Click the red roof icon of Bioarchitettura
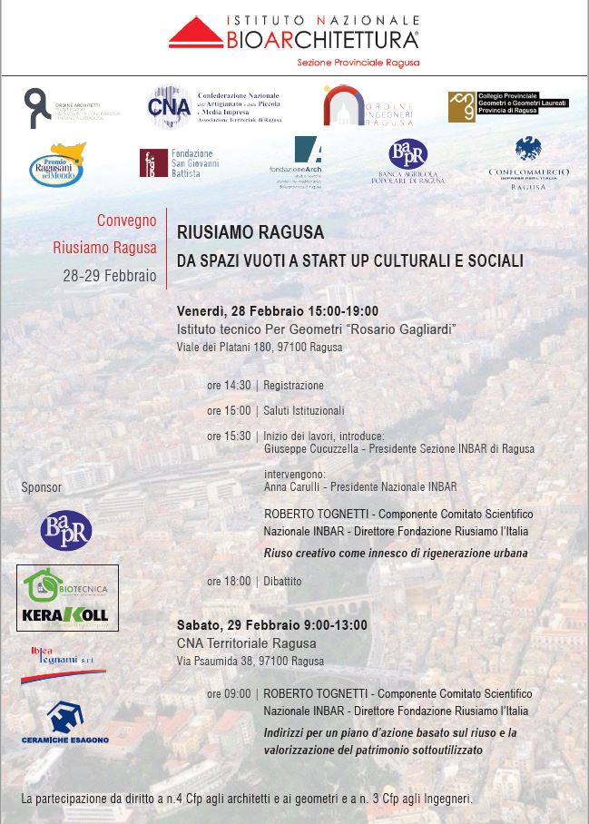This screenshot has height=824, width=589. (195, 34)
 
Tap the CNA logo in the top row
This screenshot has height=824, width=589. (169, 107)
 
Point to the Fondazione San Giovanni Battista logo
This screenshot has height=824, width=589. (153, 163)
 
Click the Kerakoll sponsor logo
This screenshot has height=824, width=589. (66, 614)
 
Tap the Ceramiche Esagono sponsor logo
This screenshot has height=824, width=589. (65, 721)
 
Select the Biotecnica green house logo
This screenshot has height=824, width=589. (44, 585)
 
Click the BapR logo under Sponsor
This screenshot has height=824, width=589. (65, 531)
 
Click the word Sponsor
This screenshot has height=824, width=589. (42, 487)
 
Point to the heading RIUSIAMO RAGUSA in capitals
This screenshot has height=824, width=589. (250, 232)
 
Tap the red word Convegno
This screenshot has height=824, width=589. (126, 221)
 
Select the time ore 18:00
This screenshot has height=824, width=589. (229, 581)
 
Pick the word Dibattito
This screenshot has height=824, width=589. (282, 581)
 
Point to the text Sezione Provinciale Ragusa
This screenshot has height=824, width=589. (358, 64)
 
